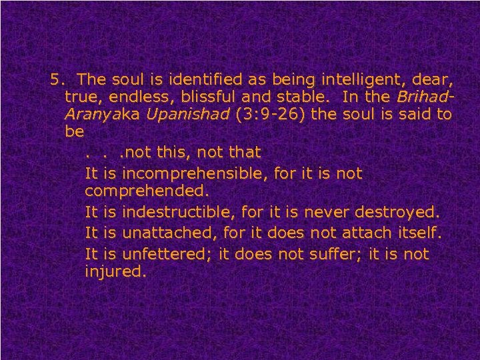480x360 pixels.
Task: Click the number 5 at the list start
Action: click(x=55, y=80)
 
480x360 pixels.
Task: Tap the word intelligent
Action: click(x=343, y=80)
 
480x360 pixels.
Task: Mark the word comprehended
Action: click(x=147, y=191)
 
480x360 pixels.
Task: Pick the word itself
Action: click(x=418, y=234)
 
